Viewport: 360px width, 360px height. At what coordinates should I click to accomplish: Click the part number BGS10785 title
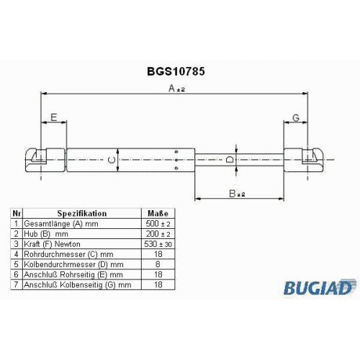(176, 71)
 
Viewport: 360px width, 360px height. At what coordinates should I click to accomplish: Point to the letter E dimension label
(53, 117)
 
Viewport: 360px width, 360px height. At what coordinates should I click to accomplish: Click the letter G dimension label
(296, 117)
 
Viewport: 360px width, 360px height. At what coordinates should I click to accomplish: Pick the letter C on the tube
(112, 160)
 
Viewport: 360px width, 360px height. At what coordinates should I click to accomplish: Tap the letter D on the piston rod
(230, 159)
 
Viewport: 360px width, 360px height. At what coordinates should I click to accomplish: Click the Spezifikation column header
(82, 213)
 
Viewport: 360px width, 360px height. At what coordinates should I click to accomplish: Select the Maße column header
(158, 213)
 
